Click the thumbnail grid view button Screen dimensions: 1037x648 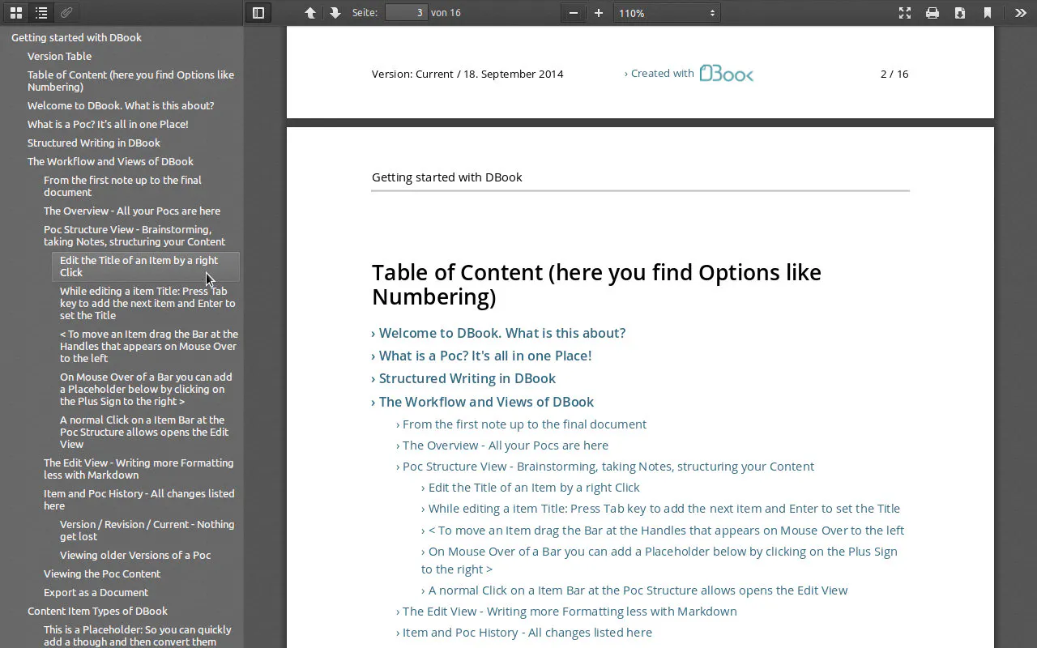pyautogui.click(x=16, y=12)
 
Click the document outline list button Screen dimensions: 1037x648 pyautogui.click(x=41, y=12)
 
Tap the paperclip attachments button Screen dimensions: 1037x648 pyautogui.click(x=66, y=12)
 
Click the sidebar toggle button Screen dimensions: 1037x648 pyautogui.click(x=258, y=12)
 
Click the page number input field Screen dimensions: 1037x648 pyautogui.click(x=406, y=12)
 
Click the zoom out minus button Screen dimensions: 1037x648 pyautogui.click(x=573, y=13)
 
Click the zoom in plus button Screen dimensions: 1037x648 pyautogui.click(x=599, y=13)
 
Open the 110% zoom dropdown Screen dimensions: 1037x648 pyautogui.click(x=667, y=13)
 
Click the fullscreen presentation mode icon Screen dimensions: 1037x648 pyautogui.click(x=905, y=13)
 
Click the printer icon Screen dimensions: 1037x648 pyautogui.click(x=932, y=13)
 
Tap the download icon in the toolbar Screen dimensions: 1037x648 pyautogui.click(x=960, y=13)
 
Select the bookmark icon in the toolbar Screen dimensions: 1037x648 pyautogui.click(x=988, y=13)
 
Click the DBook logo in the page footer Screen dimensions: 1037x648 pyautogui.click(x=727, y=73)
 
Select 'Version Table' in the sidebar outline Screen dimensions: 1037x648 pyautogui.click(x=59, y=56)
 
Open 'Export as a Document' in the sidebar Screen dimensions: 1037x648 pyautogui.click(x=96, y=592)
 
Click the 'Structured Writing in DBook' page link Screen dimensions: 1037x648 pyautogui.click(x=467, y=378)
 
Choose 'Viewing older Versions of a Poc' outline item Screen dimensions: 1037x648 pyautogui.click(x=135, y=555)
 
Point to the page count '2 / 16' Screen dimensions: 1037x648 pyautogui.click(x=894, y=74)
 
